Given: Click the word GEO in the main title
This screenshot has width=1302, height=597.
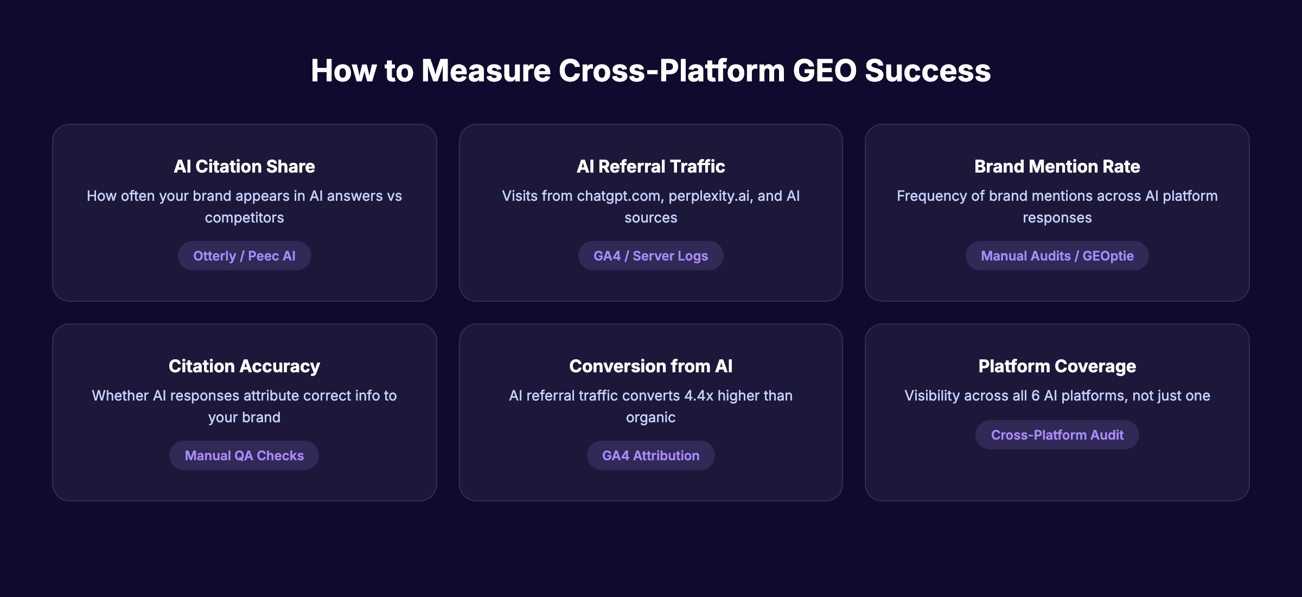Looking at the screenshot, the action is (x=824, y=71).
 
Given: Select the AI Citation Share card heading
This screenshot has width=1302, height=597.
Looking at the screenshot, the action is (x=244, y=166).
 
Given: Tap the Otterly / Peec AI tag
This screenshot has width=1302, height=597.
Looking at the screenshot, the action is (x=244, y=256).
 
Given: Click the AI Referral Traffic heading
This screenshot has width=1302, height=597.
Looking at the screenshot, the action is (x=650, y=166).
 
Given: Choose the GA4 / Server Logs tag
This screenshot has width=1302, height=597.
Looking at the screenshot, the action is (x=650, y=256).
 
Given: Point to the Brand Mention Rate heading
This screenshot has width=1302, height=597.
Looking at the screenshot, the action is (x=1057, y=166).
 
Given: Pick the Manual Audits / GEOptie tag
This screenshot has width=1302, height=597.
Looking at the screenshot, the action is (x=1057, y=256).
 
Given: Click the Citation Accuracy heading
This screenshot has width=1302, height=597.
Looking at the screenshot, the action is (x=244, y=366).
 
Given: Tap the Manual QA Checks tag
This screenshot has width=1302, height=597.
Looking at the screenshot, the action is (x=244, y=455).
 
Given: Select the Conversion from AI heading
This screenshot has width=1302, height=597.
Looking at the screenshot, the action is (x=650, y=366).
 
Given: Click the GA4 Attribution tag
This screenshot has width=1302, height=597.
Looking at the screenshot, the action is (x=650, y=455).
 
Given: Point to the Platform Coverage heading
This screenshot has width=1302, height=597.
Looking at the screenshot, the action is (x=1057, y=366).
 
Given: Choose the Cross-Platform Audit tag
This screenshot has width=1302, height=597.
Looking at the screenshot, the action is (x=1057, y=435).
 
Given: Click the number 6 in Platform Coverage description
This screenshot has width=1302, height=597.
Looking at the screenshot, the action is (x=1035, y=396).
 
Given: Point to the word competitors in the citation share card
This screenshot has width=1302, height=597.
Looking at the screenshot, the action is (x=244, y=218).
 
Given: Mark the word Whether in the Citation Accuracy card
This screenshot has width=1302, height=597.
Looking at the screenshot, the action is (x=120, y=396).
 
